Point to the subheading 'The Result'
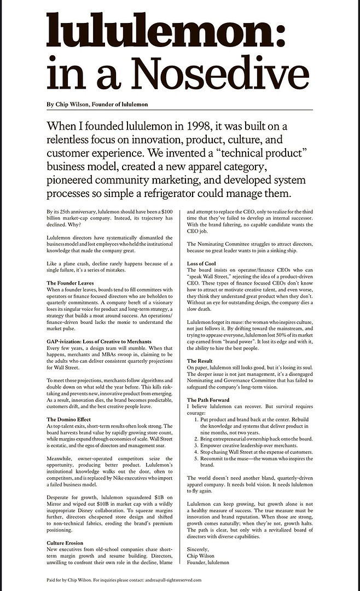pos(200,361)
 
